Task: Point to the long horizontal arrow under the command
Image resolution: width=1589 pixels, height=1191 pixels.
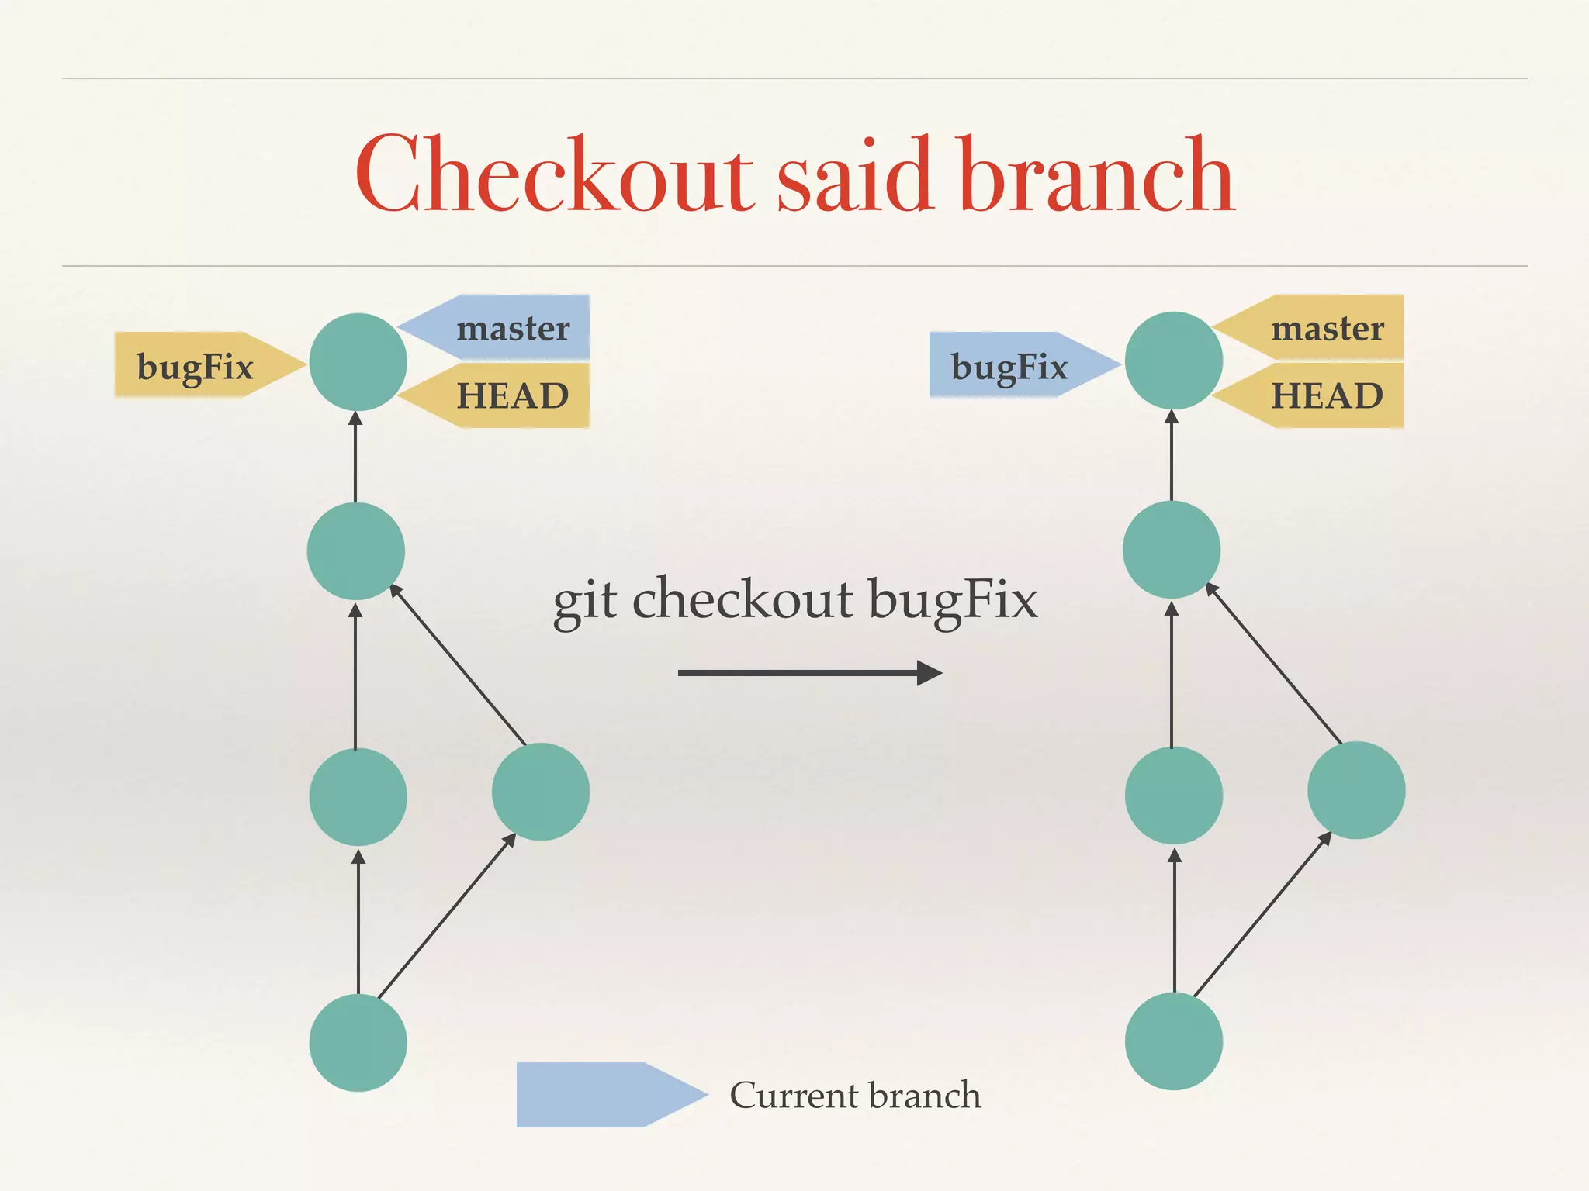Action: click(x=807, y=672)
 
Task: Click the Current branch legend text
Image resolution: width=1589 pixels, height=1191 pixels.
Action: click(x=855, y=1095)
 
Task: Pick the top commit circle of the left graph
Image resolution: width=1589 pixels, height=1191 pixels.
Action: click(x=358, y=361)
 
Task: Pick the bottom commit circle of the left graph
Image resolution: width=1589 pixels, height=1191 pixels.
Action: click(x=358, y=1042)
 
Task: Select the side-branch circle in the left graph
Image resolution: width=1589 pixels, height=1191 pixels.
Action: click(x=541, y=792)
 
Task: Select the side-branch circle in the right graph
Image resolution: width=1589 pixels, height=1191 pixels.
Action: click(x=1356, y=790)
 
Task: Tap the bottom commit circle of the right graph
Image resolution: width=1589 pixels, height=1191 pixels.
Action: click(x=1173, y=1041)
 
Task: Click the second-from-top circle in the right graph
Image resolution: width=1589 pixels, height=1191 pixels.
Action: click(x=1172, y=549)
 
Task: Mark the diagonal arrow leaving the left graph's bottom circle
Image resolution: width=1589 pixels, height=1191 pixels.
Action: click(x=446, y=916)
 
